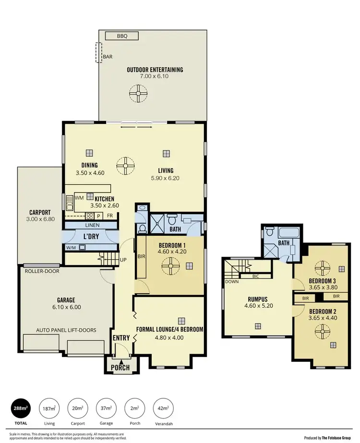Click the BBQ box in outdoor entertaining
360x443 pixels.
tap(120, 36)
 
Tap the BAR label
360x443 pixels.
tap(108, 57)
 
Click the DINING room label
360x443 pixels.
tap(90, 165)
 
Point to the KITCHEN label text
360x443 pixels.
tap(104, 199)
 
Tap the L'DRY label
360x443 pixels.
tap(91, 237)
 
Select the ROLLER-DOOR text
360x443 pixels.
tap(40, 270)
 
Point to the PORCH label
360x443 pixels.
tap(120, 368)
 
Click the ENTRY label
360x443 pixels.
tap(121, 338)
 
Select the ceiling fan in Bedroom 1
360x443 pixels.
tap(169, 265)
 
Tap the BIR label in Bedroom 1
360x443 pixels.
tap(141, 256)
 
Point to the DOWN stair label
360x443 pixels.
tap(231, 282)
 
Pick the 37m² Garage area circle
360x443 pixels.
tap(107, 408)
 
